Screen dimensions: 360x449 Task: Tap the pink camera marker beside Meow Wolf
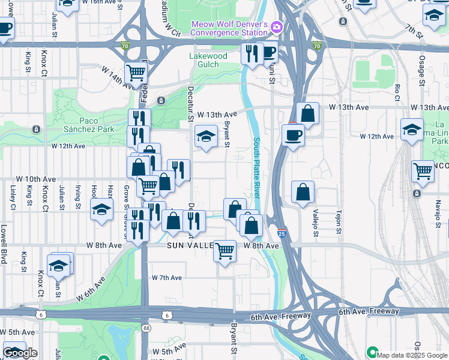276,26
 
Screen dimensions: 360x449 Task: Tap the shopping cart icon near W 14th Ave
136,73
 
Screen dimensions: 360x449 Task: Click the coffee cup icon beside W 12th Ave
293,134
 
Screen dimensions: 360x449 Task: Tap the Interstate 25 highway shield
282,233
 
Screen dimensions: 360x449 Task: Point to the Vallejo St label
315,221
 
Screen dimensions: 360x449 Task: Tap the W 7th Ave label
166,278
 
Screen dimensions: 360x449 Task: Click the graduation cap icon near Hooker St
101,209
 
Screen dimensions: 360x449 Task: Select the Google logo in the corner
20,353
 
